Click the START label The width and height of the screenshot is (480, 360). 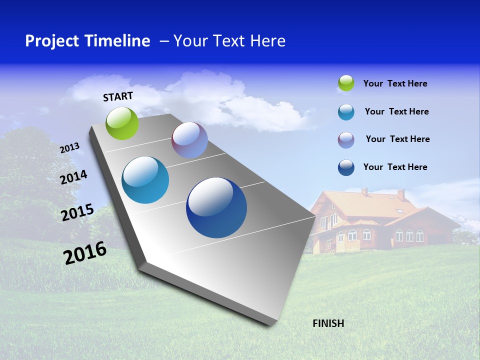(118, 96)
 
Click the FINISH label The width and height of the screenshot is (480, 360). (328, 323)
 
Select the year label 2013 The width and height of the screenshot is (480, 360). (70, 148)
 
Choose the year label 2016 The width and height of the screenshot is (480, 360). (85, 252)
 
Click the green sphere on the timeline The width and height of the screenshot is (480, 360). (122, 123)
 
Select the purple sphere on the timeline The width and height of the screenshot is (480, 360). (189, 140)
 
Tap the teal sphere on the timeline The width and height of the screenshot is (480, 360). (145, 180)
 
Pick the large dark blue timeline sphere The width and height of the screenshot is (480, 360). (216, 207)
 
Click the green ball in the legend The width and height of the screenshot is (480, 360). (346, 83)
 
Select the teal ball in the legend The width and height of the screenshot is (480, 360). (346, 112)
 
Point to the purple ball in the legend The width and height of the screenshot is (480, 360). (346, 139)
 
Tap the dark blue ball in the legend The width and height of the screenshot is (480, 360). (346, 167)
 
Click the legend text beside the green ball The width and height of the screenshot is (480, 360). (395, 83)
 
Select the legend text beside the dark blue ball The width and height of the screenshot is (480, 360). (395, 167)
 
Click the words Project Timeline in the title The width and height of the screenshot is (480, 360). (87, 41)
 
